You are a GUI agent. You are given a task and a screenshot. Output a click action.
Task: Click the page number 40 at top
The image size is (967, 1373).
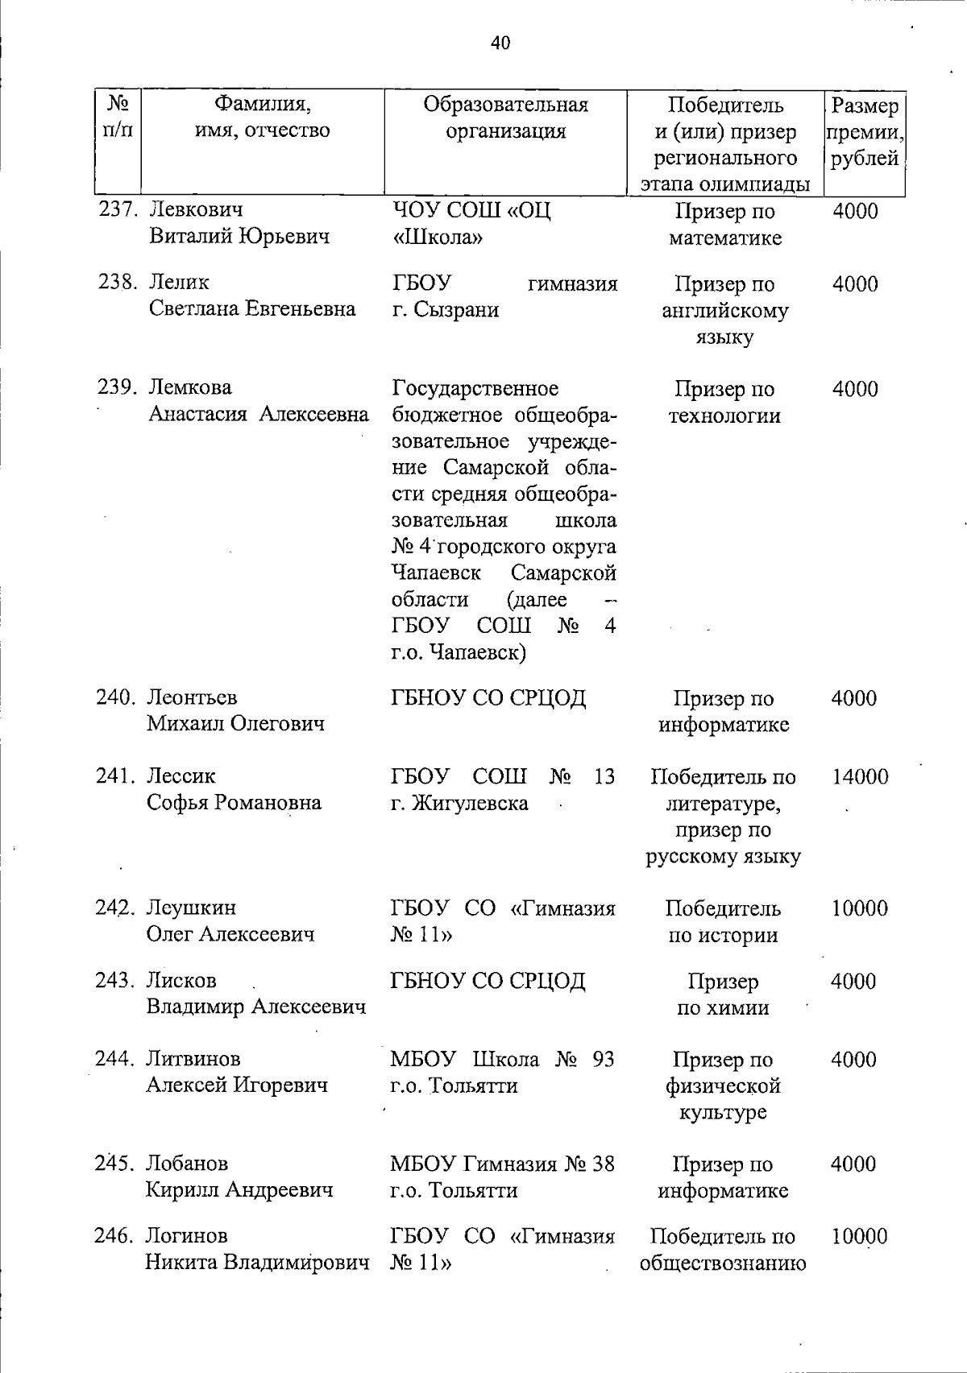tap(500, 43)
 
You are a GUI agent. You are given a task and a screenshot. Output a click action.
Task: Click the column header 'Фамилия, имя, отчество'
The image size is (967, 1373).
tap(263, 118)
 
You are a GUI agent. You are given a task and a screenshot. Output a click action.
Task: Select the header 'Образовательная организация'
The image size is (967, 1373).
tap(506, 118)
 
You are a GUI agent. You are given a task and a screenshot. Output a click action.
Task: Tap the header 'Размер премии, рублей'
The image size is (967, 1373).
tap(864, 131)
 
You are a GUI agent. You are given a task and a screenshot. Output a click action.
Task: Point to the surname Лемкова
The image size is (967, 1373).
tap(190, 387)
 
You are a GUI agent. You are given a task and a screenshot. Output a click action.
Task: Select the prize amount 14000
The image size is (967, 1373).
tap(859, 777)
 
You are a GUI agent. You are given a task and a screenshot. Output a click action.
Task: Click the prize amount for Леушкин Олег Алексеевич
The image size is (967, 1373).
tap(859, 908)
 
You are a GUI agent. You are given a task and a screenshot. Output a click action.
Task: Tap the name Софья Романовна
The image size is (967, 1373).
tap(234, 803)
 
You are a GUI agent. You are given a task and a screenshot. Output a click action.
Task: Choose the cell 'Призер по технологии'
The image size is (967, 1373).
tap(724, 403)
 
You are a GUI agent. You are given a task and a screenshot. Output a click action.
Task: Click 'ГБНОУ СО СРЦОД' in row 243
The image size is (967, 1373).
tap(488, 981)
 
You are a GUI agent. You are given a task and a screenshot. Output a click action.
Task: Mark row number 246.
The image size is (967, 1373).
tap(116, 1236)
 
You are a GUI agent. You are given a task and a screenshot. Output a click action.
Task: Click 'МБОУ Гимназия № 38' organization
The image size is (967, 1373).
tap(502, 1164)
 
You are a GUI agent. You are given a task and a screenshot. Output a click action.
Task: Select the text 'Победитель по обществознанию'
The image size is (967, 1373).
tap(723, 1250)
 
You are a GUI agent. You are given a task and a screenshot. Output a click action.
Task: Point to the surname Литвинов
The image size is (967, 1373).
tap(193, 1059)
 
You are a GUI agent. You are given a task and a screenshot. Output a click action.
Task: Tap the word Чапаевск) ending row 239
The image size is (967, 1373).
tap(476, 652)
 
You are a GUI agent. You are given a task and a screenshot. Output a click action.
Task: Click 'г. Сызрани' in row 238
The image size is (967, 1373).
tap(446, 310)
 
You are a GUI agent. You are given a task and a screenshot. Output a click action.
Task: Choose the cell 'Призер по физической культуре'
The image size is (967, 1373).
tap(723, 1086)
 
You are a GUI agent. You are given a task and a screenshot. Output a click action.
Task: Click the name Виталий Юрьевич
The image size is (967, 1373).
tap(239, 237)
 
